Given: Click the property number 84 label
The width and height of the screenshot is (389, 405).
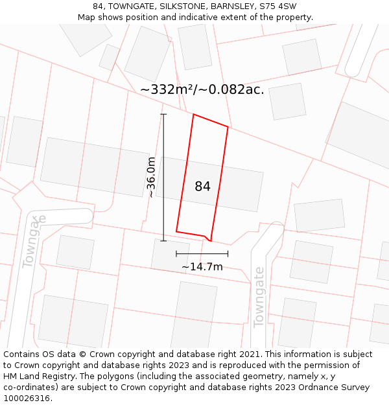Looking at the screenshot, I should pos(202,187).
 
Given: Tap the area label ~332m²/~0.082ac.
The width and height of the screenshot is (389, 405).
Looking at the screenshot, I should pos(202,90).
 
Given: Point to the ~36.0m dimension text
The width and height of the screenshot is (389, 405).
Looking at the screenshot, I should pos(151,177).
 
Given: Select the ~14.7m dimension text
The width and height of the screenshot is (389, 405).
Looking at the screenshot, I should pos(202,267).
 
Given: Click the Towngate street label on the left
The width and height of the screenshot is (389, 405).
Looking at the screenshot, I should pos(34,241).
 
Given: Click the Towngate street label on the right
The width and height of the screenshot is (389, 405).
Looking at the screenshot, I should pos(259,298).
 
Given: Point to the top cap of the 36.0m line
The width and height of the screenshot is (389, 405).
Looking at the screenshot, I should pos(163,115).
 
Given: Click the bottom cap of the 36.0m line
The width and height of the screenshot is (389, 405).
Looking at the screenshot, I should pos(163,241).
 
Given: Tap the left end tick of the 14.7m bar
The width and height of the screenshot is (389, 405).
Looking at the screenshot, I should pos(176,254).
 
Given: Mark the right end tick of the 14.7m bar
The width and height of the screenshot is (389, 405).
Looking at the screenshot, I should pos(228,254).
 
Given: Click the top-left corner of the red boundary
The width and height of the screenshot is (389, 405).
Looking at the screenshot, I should pos(193,115).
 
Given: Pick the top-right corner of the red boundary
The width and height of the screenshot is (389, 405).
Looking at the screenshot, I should pos(228,127).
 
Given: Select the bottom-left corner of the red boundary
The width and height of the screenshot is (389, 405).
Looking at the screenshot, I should pos(176,231).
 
